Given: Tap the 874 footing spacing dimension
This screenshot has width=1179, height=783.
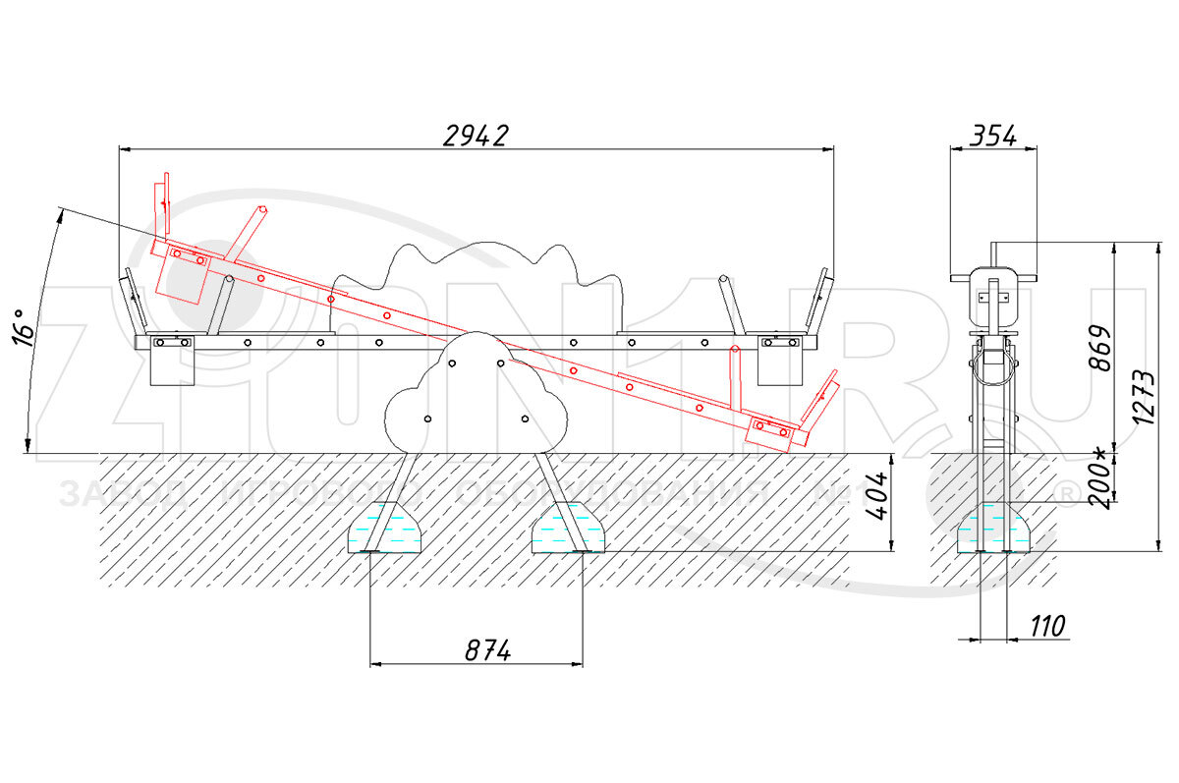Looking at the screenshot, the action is point(476,650).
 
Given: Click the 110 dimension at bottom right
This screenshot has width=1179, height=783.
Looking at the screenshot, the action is point(1048,626).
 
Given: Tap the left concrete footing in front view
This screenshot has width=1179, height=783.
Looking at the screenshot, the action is point(387,531).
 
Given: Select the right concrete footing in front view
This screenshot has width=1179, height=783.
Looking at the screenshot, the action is point(568,531).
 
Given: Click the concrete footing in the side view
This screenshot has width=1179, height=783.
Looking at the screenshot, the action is point(994,531).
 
